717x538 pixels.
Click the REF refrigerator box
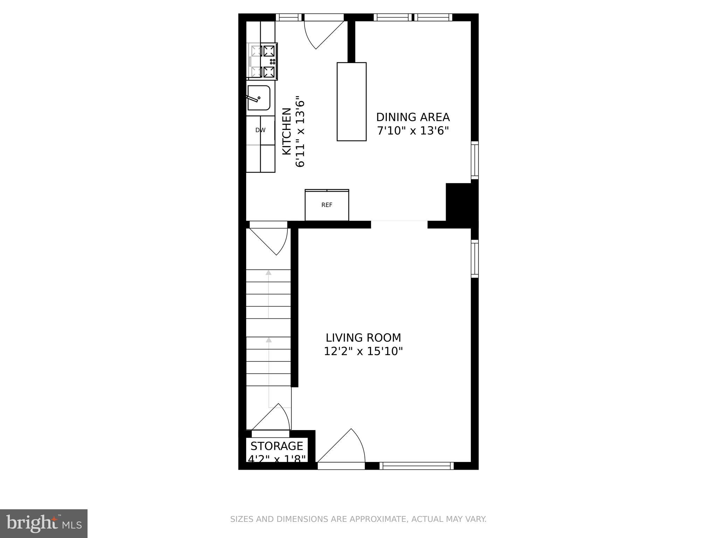click(x=327, y=205)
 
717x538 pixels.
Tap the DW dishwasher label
click(x=260, y=130)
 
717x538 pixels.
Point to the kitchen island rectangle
click(x=351, y=102)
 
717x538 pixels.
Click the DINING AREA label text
click(x=413, y=117)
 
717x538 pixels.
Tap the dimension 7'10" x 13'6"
click(x=413, y=131)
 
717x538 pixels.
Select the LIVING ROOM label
click(x=363, y=338)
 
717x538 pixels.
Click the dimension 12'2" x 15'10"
click(x=363, y=351)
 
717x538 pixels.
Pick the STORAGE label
click(x=277, y=446)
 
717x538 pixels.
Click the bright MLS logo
click(x=44, y=523)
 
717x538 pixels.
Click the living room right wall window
click(x=474, y=258)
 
